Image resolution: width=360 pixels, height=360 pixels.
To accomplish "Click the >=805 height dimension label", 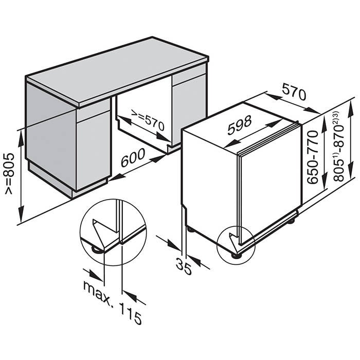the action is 10,174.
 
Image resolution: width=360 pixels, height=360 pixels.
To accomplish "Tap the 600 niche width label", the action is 133,157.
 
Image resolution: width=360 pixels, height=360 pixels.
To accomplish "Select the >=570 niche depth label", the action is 148,120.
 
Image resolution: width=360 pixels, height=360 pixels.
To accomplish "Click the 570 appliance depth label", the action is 294,92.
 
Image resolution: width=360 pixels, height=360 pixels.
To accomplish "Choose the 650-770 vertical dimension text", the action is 313,157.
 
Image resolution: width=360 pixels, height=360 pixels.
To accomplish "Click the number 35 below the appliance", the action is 184,266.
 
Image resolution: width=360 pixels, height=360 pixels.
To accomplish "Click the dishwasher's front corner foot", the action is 235,256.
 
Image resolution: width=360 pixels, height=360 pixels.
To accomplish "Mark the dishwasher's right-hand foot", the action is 292,221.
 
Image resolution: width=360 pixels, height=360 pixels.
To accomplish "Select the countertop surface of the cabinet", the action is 118,71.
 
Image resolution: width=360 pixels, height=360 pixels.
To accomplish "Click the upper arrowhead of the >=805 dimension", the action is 21,139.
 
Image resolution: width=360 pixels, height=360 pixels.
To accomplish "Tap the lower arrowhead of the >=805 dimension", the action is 21,214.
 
